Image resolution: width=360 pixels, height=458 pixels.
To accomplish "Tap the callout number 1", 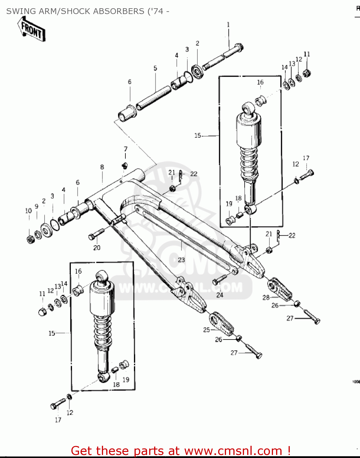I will pyautogui.click(x=228, y=25).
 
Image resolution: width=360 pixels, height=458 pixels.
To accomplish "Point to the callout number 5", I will pyautogui.click(x=155, y=68).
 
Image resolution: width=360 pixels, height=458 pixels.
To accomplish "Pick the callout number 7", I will pyautogui.click(x=125, y=149).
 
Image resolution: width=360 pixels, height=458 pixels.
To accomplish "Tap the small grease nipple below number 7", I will pyautogui.click(x=124, y=166).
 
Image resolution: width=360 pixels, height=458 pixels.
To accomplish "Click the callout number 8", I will pyautogui.click(x=102, y=167).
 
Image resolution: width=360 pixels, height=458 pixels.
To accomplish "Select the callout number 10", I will pyautogui.click(x=28, y=211).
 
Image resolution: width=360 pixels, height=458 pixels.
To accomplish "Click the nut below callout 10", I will pyautogui.click(x=30, y=240).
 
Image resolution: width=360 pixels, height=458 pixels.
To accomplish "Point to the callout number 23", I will pyautogui.click(x=181, y=260).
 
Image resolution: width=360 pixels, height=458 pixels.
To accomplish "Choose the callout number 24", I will pyautogui.click(x=220, y=295).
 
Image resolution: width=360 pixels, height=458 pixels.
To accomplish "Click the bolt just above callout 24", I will pyautogui.click(x=220, y=279).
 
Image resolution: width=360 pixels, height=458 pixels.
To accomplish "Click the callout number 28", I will pyautogui.click(x=266, y=297).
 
